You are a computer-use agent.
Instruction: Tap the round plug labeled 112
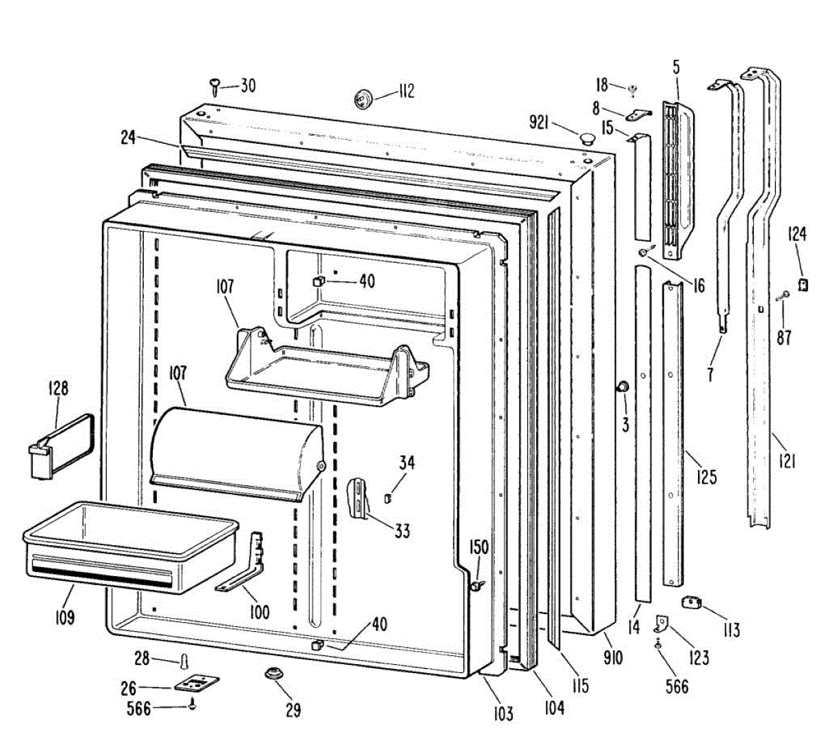363,98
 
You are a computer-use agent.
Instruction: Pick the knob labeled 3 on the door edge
622,387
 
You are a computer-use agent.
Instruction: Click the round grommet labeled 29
274,672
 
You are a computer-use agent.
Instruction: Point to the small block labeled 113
690,603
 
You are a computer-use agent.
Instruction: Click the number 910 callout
612,658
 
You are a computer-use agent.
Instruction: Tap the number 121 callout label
786,458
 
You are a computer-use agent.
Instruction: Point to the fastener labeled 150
476,585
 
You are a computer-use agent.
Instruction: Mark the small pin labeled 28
184,661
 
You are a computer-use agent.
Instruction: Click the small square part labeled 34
388,496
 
